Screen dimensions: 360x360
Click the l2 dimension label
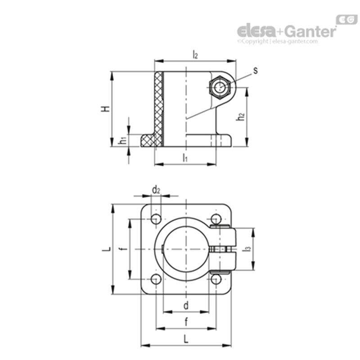coord(195,55)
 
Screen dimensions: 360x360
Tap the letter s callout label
coord(255,70)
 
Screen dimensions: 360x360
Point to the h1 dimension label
coord(122,141)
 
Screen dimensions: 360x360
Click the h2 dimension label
coord(241,116)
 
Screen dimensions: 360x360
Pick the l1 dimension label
coord(185,157)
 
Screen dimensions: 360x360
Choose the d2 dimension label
coord(156,190)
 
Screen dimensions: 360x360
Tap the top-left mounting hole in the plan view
coord(156,219)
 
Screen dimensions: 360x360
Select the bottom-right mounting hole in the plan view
coord(216,279)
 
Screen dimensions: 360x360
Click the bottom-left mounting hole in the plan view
coord(156,279)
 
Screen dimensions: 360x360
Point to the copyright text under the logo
coord(277,41)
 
